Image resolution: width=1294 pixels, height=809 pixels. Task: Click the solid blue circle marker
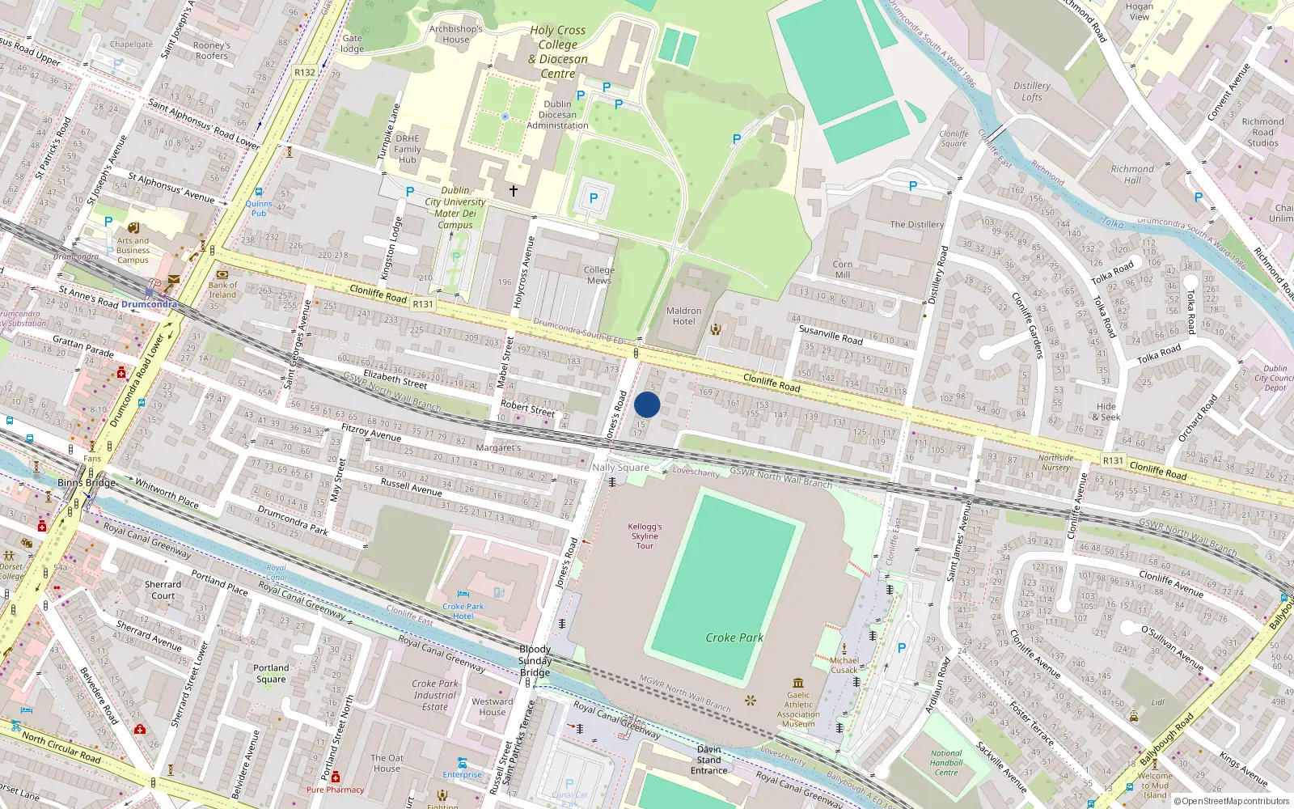pos(647,404)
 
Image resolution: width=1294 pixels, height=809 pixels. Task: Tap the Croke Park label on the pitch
pos(734,637)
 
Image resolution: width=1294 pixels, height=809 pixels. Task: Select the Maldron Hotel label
pos(683,316)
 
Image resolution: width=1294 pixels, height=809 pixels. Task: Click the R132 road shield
pos(305,72)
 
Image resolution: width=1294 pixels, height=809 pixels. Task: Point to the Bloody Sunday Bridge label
pos(535,661)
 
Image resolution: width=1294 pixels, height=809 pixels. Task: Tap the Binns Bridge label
pos(87,483)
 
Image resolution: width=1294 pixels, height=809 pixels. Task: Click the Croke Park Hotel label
pos(463,611)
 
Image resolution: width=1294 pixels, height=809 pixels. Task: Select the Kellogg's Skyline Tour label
pos(645,536)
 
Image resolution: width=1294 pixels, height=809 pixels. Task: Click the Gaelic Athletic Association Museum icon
pos(798,683)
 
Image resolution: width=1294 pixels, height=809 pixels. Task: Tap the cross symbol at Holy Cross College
pos(513,191)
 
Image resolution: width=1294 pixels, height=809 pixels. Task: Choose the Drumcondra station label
pos(149,304)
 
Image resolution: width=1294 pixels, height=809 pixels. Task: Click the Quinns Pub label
pos(259,209)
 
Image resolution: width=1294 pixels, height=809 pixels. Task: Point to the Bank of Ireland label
pos(222,290)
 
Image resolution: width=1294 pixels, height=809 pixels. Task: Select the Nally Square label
pos(620,468)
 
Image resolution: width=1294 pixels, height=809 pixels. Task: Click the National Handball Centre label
pos(946,763)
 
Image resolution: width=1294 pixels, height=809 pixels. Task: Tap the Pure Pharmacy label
pos(335,790)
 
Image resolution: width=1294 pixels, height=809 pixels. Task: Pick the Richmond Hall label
pos(1132,175)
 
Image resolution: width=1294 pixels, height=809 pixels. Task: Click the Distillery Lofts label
pos(1032,91)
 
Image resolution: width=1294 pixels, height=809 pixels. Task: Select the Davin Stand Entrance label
pos(709,760)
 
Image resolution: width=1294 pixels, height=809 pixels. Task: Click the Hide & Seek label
pos(1106,412)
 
